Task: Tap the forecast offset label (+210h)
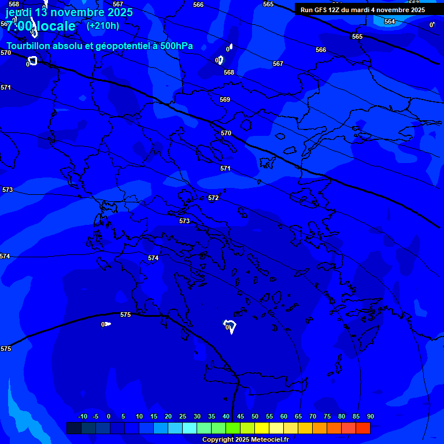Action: click(x=103, y=25)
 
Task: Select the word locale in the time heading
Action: click(x=56, y=26)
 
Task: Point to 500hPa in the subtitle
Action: click(x=173, y=46)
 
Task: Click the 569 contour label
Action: click(x=225, y=99)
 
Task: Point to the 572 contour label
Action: click(x=213, y=198)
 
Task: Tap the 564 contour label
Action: click(x=390, y=21)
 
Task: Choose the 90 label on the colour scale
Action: click(x=370, y=416)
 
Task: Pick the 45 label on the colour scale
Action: click(x=240, y=416)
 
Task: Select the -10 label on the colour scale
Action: click(x=82, y=416)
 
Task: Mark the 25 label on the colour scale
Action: click(x=183, y=416)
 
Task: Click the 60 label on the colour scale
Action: click(x=284, y=416)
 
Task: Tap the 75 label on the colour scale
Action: click(x=327, y=416)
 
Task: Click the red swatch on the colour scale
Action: click(x=363, y=428)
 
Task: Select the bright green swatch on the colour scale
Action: click(x=233, y=428)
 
